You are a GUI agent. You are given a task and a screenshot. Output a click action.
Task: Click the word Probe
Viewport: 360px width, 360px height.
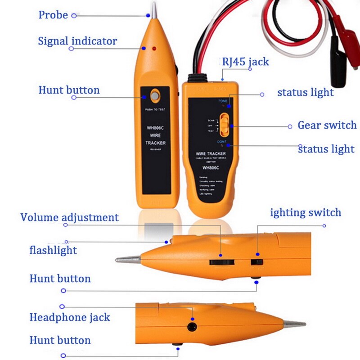(x=53, y=15)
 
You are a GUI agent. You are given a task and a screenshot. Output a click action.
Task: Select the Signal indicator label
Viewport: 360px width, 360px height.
(x=77, y=41)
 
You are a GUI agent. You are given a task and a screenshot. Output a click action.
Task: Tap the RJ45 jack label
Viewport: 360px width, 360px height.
(x=245, y=62)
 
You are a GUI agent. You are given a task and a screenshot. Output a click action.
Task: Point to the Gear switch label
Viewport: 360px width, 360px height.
(x=327, y=125)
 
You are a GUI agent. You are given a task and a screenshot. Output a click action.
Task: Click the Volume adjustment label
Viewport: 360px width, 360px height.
(x=69, y=217)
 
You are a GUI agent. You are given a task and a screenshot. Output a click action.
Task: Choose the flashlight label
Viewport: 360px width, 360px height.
(x=53, y=250)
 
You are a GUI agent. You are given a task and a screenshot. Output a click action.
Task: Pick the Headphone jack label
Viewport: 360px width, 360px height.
(x=69, y=317)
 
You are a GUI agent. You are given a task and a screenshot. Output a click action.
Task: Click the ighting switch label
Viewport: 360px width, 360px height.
(x=306, y=212)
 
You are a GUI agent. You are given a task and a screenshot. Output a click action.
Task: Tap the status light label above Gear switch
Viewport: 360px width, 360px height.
(x=305, y=93)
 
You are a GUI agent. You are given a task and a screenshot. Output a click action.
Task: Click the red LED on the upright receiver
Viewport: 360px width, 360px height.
(x=154, y=48)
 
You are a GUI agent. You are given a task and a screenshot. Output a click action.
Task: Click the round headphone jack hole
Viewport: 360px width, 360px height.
(x=193, y=327)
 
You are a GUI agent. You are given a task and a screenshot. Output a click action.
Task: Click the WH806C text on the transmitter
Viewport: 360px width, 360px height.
(x=210, y=168)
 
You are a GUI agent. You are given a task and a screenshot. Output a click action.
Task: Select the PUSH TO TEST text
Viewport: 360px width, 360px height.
(x=155, y=109)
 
